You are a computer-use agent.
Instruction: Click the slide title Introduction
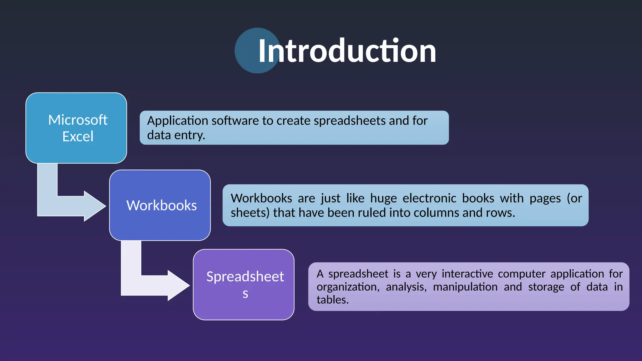347,51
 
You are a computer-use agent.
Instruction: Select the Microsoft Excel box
76,128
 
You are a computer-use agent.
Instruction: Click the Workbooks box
160,205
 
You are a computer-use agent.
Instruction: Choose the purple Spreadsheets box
244,285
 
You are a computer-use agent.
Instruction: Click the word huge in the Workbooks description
383,198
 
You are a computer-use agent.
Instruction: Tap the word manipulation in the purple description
465,287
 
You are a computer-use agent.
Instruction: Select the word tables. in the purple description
332,300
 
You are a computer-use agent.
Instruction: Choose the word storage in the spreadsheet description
546,287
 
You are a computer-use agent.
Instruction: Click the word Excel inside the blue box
78,137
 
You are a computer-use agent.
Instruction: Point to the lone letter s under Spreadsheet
245,294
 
